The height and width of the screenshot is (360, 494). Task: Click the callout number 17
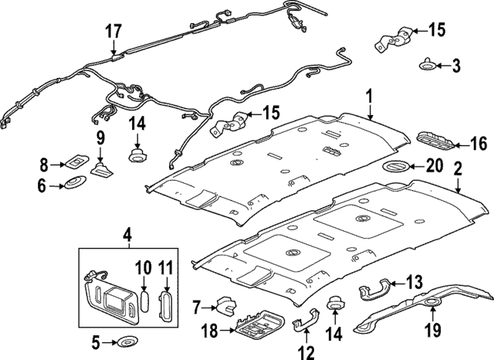pyautogui.click(x=113, y=32)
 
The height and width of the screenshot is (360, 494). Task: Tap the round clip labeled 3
pyautogui.click(x=428, y=65)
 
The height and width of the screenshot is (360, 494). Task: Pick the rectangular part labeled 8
pyautogui.click(x=77, y=163)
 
